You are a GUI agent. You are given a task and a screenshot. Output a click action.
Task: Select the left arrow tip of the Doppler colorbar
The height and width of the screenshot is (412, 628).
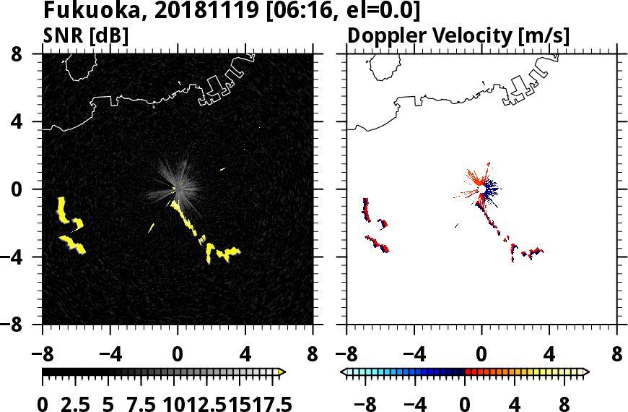tap(344, 372)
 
